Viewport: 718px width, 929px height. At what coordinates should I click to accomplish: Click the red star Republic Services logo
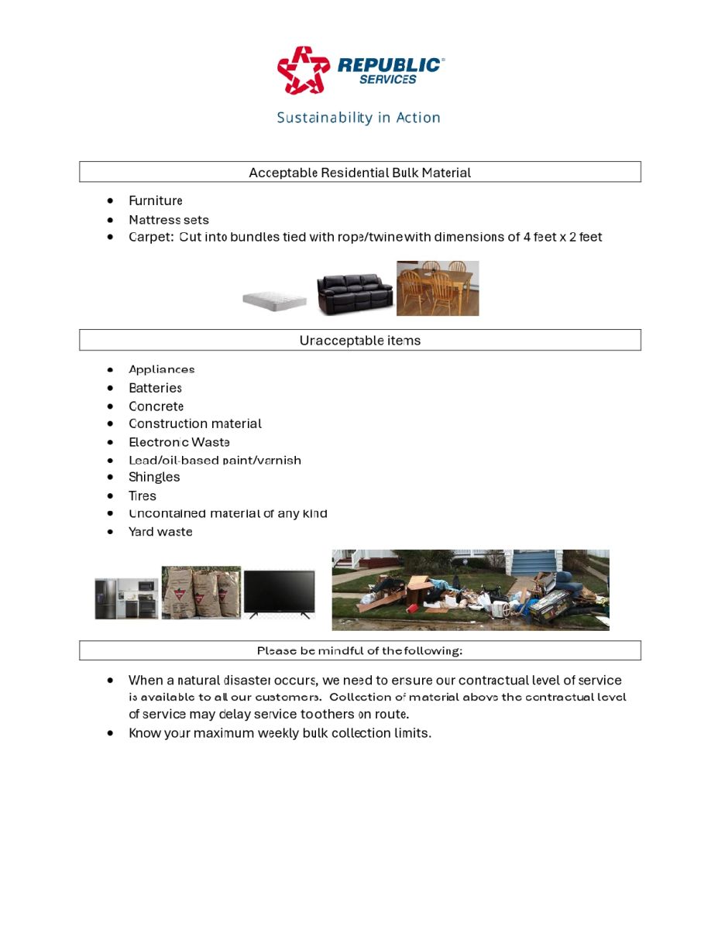(x=304, y=70)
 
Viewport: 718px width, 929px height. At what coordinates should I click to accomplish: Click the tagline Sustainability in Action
(x=359, y=118)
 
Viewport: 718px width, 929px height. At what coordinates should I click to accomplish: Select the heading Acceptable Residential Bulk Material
(x=359, y=173)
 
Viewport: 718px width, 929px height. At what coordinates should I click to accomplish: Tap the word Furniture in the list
(x=156, y=201)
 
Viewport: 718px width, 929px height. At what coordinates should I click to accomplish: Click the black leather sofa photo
(x=355, y=293)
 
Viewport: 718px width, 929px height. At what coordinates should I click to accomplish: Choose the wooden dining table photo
(x=438, y=288)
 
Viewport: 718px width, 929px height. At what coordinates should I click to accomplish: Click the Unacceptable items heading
(x=359, y=341)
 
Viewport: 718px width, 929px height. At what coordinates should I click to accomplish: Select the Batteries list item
(x=155, y=388)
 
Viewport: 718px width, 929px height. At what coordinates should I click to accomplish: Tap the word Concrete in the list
(x=156, y=406)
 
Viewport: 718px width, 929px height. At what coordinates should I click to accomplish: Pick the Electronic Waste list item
(x=179, y=443)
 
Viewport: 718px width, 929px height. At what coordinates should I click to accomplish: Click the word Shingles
(x=154, y=478)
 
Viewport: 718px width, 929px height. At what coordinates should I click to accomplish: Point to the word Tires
(x=143, y=496)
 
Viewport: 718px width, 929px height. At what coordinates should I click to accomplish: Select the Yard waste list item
(x=160, y=532)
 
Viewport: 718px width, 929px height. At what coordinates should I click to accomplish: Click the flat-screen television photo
(x=280, y=594)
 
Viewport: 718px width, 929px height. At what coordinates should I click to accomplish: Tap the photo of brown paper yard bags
(x=201, y=592)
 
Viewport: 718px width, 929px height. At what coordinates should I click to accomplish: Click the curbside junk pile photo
(x=470, y=590)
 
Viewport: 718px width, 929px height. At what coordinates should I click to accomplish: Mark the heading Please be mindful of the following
(x=359, y=651)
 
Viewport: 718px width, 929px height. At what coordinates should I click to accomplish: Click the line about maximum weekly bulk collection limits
(x=280, y=733)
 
